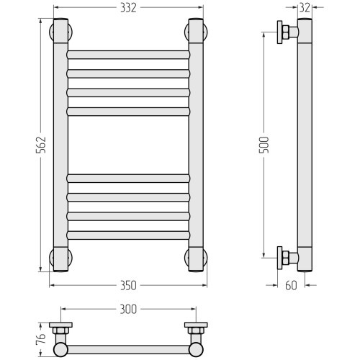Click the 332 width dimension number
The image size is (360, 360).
coord(128,8)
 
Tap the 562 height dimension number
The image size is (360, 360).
coord(41,145)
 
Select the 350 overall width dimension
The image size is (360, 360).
coord(128,285)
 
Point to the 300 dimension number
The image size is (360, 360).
coord(128,309)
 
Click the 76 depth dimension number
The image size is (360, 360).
coord(41,339)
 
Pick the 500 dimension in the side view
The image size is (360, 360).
coord(264,145)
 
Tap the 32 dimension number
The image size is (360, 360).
coord(305,8)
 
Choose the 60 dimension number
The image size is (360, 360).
coord(291,285)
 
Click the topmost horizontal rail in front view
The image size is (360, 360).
coord(128,55)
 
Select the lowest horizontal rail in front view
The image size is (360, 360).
coord(128,235)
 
